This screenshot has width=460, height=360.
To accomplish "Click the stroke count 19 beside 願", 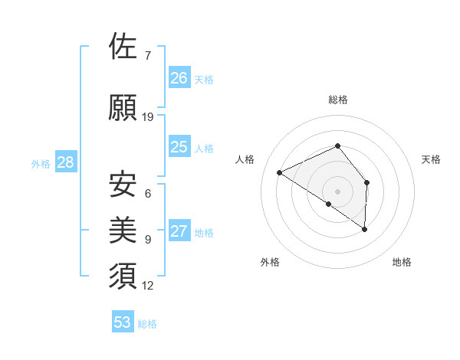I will click(148, 116).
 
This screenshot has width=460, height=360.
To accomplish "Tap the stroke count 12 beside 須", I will click(148, 286).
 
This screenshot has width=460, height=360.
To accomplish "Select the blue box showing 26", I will click(179, 77).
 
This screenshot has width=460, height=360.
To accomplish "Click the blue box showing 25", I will click(179, 147).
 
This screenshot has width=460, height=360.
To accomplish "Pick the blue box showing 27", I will click(179, 231).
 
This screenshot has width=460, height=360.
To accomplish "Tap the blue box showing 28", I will click(65, 162).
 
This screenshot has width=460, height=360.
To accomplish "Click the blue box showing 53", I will click(123, 322).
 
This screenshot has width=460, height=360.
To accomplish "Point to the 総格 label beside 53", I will click(147, 324).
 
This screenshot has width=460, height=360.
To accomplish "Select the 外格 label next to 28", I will click(41, 163).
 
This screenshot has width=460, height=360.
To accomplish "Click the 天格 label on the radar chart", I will click(431, 159).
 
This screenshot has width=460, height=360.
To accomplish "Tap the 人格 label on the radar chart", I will click(245, 159).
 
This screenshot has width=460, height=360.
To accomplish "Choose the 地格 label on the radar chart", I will click(402, 262).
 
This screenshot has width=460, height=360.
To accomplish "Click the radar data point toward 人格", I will click(280, 172).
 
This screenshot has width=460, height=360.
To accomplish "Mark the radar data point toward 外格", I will click(329, 204).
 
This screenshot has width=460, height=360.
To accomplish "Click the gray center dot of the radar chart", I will click(337, 190).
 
